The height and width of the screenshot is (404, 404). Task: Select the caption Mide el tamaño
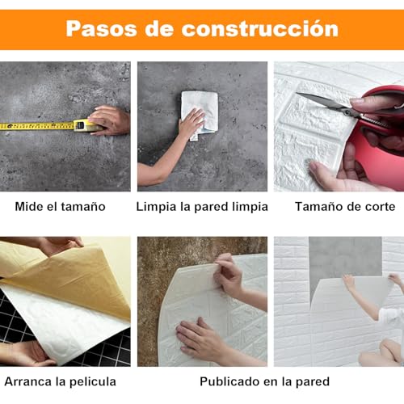[61, 206]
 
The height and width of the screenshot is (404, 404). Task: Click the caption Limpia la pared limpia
[202, 206]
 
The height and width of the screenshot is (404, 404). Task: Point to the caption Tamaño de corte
[340, 206]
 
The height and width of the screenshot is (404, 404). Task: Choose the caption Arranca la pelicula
[60, 381]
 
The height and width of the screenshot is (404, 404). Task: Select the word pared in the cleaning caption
[213, 206]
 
